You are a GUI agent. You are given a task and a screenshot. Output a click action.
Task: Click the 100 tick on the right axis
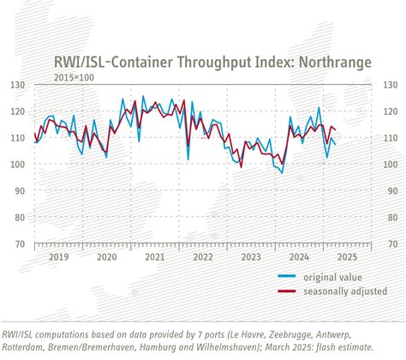point(391,164)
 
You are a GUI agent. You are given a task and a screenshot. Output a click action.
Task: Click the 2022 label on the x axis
point(203,256)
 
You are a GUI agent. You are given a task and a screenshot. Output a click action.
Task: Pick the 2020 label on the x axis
point(106,256)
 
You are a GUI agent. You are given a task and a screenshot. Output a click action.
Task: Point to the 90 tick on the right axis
point(389,190)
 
